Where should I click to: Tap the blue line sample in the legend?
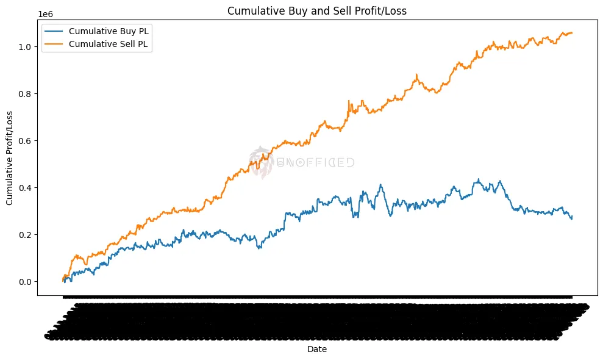[x=54, y=31]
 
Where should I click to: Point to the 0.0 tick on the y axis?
[x=25, y=282]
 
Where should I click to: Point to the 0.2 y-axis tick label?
[x=25, y=235]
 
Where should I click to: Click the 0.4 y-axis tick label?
[x=25, y=188]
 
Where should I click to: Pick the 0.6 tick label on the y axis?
[x=25, y=141]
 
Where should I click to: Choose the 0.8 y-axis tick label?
[x=25, y=94]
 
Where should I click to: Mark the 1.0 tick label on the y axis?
[x=25, y=47]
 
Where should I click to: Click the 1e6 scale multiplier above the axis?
[x=45, y=13]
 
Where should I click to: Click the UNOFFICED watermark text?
[x=316, y=162]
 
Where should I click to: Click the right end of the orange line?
[x=572, y=33]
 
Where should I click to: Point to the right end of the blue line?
[x=572, y=217]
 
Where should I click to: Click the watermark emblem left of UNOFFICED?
[x=262, y=162]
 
